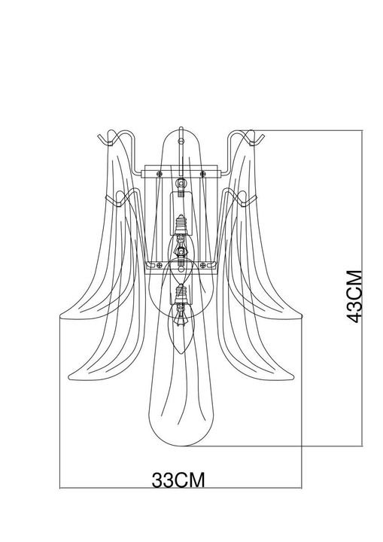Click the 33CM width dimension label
(x=178, y=480)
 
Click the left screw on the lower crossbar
(x=158, y=264)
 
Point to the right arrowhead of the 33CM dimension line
(x=301, y=489)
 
